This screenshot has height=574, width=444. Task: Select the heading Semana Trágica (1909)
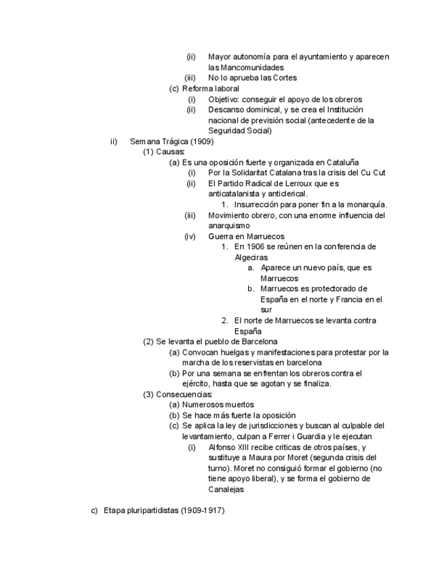[x=171, y=141]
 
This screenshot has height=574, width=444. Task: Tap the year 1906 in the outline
[x=253, y=246]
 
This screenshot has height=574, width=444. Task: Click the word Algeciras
[x=251, y=257]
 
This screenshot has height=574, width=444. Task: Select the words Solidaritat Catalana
[x=266, y=173]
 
